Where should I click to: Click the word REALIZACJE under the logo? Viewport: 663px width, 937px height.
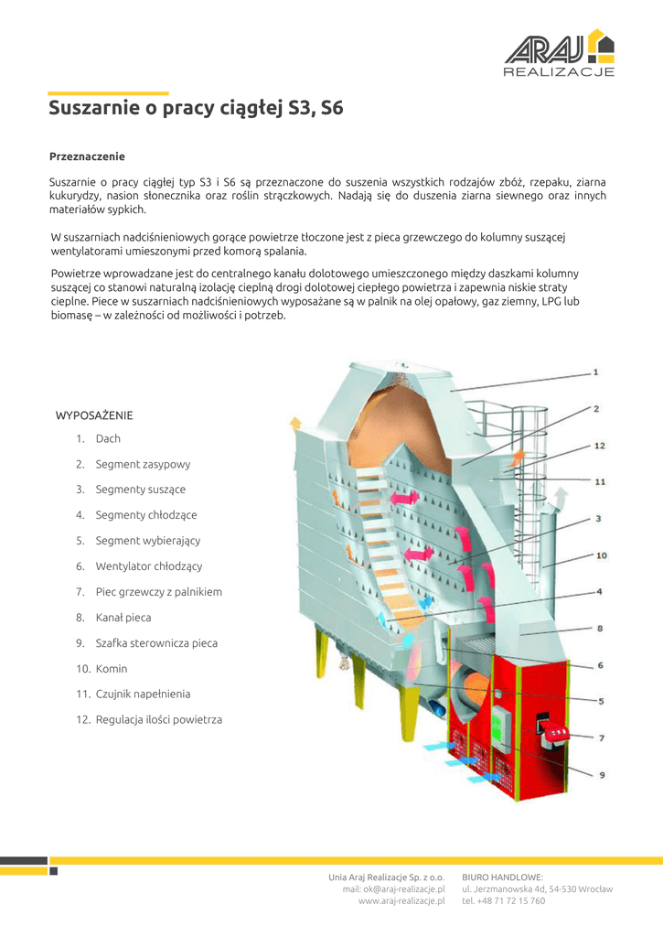[x=559, y=72]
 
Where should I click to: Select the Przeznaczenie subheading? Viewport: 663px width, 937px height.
[x=87, y=156]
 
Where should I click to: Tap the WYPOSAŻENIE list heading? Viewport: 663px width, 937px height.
[x=94, y=415]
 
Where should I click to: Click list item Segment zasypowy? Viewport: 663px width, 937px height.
[x=143, y=464]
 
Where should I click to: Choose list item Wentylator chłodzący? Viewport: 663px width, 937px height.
[x=149, y=566]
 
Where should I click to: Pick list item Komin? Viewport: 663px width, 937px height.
[x=112, y=669]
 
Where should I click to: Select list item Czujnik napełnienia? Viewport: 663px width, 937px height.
[x=143, y=695]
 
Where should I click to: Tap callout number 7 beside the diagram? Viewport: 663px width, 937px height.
[x=601, y=738]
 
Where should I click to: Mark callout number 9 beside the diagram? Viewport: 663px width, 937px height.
[x=602, y=776]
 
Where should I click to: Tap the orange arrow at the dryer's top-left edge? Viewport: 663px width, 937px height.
[x=295, y=422]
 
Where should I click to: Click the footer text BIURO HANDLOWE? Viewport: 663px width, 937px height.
[x=502, y=877]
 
